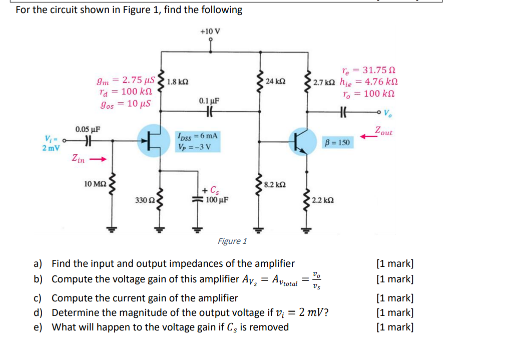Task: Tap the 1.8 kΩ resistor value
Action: point(177,82)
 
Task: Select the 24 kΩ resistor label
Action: point(276,82)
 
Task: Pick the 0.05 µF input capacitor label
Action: point(88,129)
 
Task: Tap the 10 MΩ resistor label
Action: point(95,184)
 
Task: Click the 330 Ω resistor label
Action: point(144,200)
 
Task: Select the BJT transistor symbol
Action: point(303,142)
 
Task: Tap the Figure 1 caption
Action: point(232,241)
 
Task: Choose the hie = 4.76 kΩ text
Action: point(369,83)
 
